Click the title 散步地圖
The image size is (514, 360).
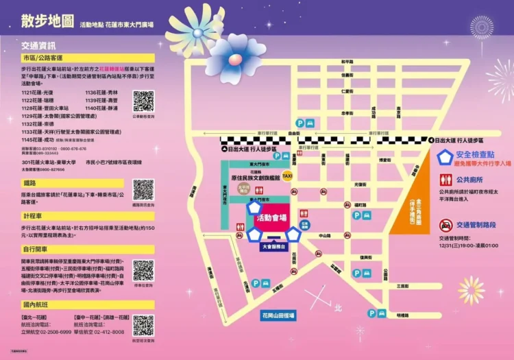click(x=46, y=22)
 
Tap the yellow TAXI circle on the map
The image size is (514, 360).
click(x=288, y=176)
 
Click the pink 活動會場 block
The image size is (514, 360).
click(x=271, y=217)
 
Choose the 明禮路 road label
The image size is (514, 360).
click(x=400, y=315)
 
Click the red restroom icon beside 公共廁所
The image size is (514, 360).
click(x=446, y=180)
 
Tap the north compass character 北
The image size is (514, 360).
click(x=336, y=309)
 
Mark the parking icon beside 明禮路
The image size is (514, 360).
click(x=372, y=313)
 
